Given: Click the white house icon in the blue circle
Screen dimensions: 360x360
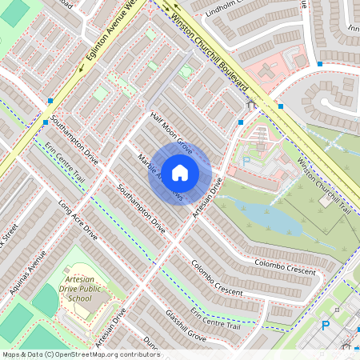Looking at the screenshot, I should click(x=180, y=171).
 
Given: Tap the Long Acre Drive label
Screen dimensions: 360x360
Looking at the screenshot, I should click(x=78, y=222).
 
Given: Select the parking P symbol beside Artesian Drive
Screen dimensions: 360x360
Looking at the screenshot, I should click(x=246, y=161).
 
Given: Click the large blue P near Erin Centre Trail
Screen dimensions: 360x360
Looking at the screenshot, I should click(x=325, y=326).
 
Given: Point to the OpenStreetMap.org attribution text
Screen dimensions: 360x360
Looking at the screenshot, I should click(x=80, y=354).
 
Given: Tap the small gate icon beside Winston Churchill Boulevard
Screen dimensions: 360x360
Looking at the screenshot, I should click(x=251, y=103).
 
